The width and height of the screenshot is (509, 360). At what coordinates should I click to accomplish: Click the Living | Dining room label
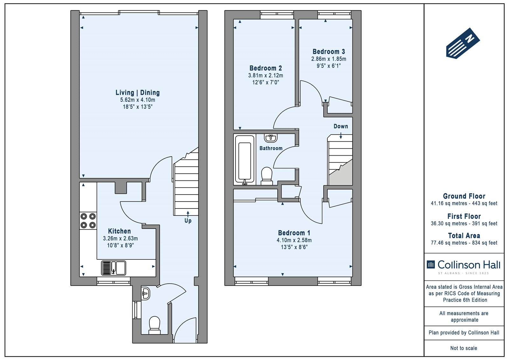[137, 93]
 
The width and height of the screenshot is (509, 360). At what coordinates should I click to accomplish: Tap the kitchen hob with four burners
[88, 221]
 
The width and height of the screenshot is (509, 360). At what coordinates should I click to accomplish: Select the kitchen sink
[113, 268]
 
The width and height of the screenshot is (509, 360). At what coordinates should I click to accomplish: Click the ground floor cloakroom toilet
[155, 325]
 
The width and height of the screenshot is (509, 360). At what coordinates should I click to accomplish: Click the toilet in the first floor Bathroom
[267, 176]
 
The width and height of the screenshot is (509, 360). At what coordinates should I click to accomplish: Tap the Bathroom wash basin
[271, 138]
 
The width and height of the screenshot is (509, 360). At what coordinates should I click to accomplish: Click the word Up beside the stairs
[188, 221]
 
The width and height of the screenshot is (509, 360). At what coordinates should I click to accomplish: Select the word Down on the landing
[341, 126]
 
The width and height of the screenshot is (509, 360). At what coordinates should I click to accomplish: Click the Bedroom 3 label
[329, 52]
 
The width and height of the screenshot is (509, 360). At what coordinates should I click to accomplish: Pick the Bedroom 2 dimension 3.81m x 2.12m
[265, 75]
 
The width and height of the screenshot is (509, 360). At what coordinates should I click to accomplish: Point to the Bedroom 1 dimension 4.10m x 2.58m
[294, 240]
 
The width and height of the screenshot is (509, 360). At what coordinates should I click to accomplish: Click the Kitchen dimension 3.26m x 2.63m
[120, 238]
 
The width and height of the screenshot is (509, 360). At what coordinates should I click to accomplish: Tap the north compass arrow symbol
[463, 43]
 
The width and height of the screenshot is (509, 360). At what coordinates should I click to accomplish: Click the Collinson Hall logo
[464, 266]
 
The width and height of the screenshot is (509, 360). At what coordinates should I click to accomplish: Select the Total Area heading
[464, 235]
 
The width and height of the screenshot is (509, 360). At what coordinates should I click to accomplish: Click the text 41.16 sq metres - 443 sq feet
[464, 203]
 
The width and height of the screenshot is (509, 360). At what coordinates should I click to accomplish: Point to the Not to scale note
[464, 348]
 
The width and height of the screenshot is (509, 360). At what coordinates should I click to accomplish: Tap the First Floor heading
[464, 216]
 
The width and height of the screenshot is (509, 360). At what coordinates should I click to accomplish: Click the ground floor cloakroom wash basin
[145, 293]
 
